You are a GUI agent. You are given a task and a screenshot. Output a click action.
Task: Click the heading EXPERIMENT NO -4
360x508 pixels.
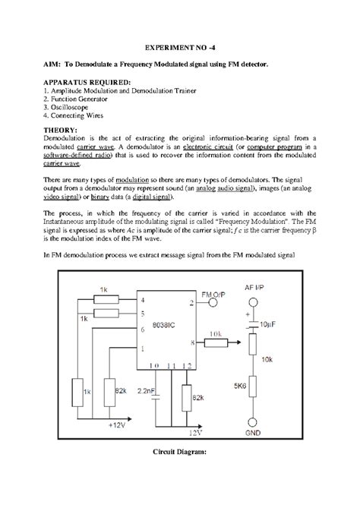coord(179,46)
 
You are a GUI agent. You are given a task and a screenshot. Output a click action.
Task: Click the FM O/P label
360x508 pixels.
coord(211,292)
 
